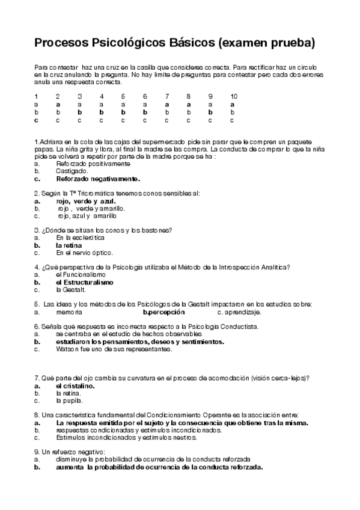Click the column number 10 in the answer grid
[x=233, y=96]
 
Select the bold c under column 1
[x=36, y=120]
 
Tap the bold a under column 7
[x=166, y=104]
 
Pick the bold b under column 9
[x=210, y=112]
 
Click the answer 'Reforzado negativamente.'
[x=98, y=178]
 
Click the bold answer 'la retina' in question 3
[x=69, y=245]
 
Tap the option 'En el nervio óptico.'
[x=84, y=253]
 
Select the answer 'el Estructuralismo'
[x=84, y=281]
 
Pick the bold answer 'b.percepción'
[x=163, y=313]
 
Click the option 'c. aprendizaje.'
[x=239, y=313]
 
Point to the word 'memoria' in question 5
[x=69, y=313]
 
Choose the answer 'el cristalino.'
[x=75, y=386]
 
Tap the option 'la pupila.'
[x=69, y=400]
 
